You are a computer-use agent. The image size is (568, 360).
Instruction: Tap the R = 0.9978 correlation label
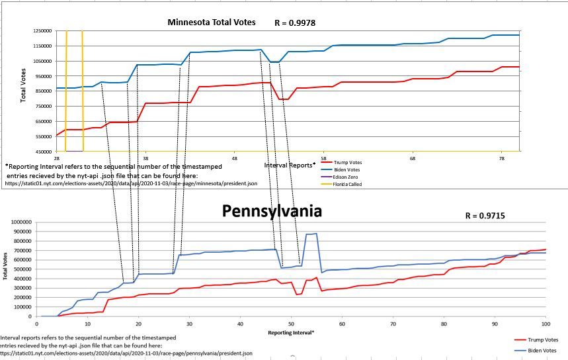[x=295, y=23]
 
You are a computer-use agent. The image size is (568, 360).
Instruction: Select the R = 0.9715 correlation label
[x=486, y=216]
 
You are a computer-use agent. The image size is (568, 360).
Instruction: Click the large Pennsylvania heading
[x=271, y=211]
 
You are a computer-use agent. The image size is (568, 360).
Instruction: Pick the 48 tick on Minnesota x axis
[x=235, y=159]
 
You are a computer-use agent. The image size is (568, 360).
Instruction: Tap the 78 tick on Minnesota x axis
[x=502, y=159]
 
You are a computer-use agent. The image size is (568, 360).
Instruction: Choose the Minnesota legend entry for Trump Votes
[x=348, y=162]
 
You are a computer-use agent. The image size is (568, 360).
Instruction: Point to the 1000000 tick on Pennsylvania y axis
[x=18, y=222]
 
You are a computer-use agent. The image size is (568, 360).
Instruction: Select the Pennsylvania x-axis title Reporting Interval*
[x=291, y=332]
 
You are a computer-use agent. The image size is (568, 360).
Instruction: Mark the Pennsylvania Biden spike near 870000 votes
[x=311, y=234]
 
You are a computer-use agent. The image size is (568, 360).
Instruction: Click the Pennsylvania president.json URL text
[x=126, y=353]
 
